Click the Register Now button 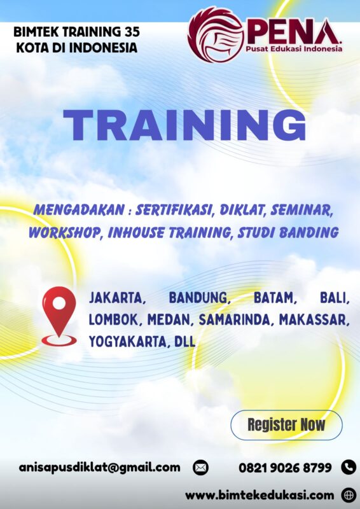(x=286, y=425)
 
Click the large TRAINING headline (x=184, y=125)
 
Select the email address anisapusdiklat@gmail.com (x=99, y=467)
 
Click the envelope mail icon (x=200, y=468)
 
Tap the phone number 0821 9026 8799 (x=285, y=468)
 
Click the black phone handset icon (x=349, y=467)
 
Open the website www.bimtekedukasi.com (x=260, y=494)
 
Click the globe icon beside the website (x=349, y=494)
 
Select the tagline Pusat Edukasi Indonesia (x=295, y=48)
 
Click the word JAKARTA (x=118, y=297)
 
